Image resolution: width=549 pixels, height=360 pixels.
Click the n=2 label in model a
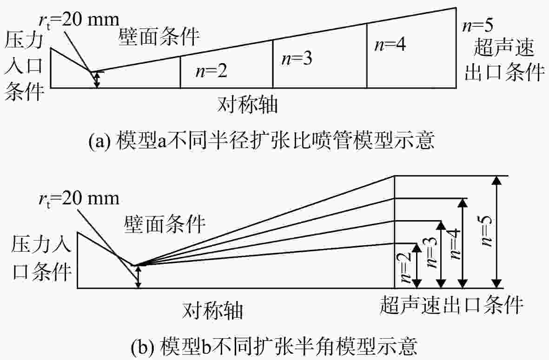pyautogui.click(x=211, y=71)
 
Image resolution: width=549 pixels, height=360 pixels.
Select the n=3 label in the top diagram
pyautogui.click(x=297, y=59)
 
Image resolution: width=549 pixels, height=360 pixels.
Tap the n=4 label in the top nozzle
pyautogui.click(x=390, y=45)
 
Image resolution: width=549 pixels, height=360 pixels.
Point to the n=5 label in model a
pyautogui.click(x=478, y=26)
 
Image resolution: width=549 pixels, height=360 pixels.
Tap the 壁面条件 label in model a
pyautogui.click(x=159, y=37)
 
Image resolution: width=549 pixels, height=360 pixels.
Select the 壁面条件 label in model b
pyautogui.click(x=165, y=224)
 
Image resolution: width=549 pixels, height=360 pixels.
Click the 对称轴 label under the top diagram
pyautogui.click(x=248, y=104)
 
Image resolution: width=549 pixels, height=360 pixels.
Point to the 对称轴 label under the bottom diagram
pyautogui.click(x=212, y=310)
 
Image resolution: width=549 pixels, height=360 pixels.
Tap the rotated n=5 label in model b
pyautogui.click(x=487, y=231)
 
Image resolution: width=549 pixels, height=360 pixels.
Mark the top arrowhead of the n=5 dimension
pyautogui.click(x=496, y=180)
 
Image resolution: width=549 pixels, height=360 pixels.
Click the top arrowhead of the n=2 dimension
pyautogui.click(x=417, y=248)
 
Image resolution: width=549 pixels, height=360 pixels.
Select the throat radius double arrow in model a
pyautogui.click(x=97, y=79)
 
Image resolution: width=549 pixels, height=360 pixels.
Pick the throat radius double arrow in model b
pyautogui.click(x=139, y=277)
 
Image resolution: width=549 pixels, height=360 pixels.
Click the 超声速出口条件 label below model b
pyautogui.click(x=451, y=305)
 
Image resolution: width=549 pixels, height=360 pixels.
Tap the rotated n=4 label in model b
pyautogui.click(x=455, y=244)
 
